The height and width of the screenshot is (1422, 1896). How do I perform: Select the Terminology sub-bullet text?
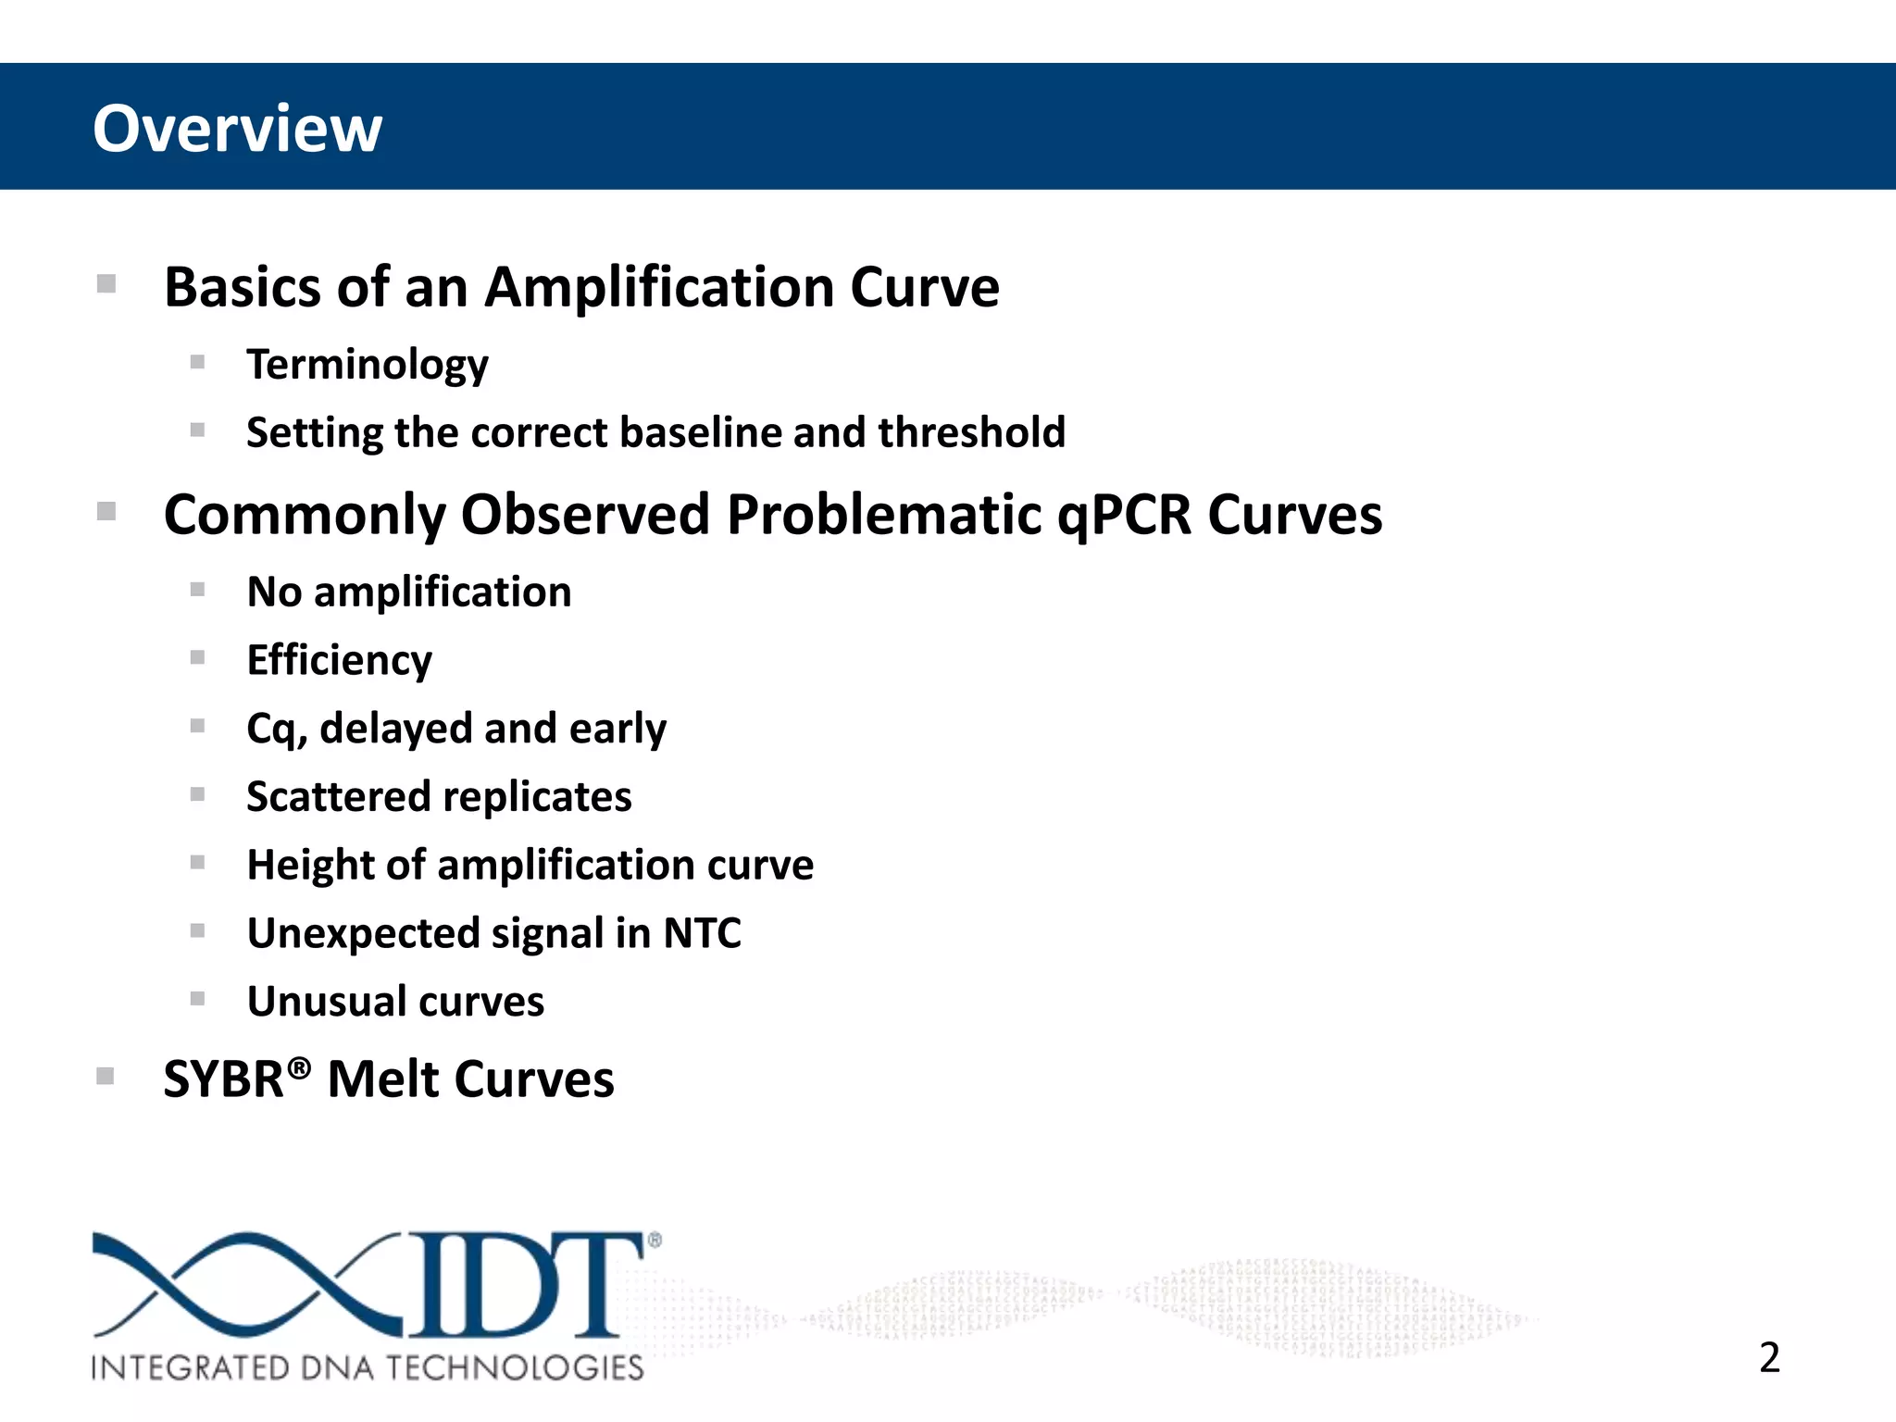367,365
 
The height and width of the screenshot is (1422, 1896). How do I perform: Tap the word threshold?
971,432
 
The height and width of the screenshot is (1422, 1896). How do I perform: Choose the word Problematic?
884,515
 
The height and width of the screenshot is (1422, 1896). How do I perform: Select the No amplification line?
408,592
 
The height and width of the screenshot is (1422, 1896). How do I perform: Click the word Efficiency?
339,661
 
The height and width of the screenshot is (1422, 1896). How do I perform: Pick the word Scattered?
338,797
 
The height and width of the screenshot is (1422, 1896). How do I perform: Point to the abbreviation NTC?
702,933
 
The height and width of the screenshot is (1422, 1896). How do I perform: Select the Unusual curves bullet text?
395,1002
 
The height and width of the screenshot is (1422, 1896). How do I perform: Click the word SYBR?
223,1080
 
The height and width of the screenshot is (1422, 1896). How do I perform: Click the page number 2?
1769,1358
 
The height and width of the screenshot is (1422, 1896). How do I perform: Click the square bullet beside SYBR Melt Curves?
106,1076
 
